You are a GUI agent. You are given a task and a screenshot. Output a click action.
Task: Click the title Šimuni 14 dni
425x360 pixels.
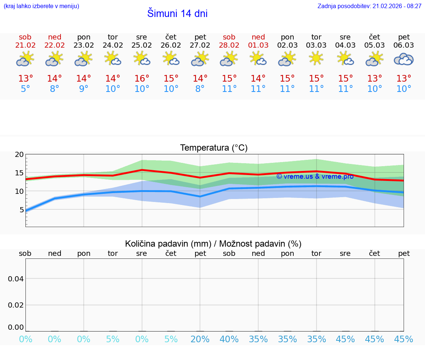pos(177,14)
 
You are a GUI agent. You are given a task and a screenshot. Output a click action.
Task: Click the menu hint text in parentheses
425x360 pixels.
pos(41,6)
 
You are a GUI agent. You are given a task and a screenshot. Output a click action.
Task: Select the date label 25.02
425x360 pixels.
pos(142,45)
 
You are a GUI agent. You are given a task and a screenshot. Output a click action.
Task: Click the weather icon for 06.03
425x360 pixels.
pos(404,59)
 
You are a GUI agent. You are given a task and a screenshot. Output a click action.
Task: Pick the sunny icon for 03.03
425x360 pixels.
pos(316,58)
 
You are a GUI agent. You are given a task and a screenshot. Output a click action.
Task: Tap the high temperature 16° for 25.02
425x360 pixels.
pos(142,79)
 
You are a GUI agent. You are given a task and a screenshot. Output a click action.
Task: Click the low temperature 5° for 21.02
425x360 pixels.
pos(25,89)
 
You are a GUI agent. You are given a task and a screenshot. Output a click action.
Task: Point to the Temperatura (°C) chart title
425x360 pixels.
pos(214,148)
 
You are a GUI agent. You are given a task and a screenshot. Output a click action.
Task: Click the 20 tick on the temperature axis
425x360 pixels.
pos(19,155)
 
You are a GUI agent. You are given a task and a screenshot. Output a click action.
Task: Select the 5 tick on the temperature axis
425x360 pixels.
pos(21,210)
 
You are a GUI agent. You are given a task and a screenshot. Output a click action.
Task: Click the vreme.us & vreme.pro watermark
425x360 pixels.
pos(315,176)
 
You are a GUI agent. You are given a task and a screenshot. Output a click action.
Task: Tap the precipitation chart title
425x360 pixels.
pos(213,244)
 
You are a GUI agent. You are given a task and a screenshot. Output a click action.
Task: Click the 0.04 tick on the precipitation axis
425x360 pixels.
pos(16,279)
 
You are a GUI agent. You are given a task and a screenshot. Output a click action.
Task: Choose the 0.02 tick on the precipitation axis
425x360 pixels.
pos(16,305)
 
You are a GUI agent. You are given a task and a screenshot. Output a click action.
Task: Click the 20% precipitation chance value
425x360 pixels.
pos(200,339)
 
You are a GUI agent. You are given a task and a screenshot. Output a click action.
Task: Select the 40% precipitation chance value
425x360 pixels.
pos(229,339)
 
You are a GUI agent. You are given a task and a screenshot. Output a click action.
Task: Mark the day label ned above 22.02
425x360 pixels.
pos(55,37)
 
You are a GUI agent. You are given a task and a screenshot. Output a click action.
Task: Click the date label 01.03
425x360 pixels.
pos(258,45)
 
